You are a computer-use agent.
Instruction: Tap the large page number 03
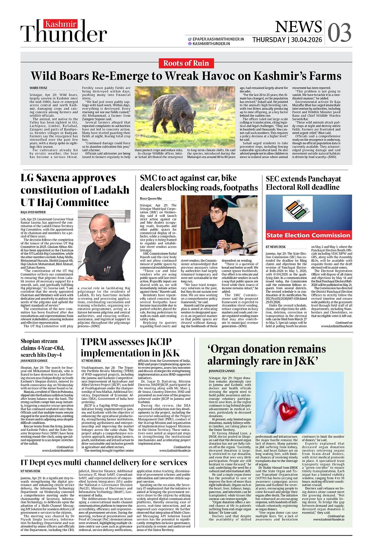coord(339,33)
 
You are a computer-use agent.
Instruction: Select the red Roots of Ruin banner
coord(186,63)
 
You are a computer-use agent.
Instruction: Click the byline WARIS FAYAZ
coord(38,88)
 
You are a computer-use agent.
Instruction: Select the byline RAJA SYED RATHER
coord(33,212)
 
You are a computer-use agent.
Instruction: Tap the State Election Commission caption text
coord(308,235)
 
